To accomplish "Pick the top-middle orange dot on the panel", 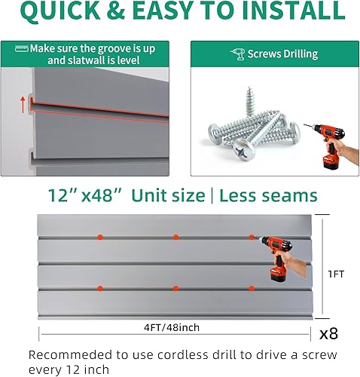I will [x=175, y=237].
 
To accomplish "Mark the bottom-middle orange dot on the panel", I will [x=175, y=288].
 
